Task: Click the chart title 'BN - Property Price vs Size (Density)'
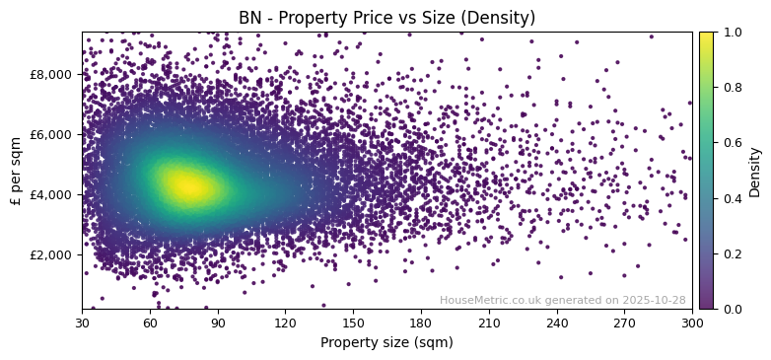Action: pos(386,18)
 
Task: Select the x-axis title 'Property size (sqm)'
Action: pos(386,342)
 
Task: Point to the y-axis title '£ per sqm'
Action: pos(16,171)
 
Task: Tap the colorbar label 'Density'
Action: pos(755,172)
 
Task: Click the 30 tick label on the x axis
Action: pos(82,323)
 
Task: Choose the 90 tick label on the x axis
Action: pos(218,323)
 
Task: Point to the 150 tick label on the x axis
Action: pos(353,323)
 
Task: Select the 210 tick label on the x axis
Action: pos(489,323)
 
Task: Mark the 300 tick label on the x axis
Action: pos(692,323)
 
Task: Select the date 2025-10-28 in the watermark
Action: pos(654,300)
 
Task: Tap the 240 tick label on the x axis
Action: pos(557,323)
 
